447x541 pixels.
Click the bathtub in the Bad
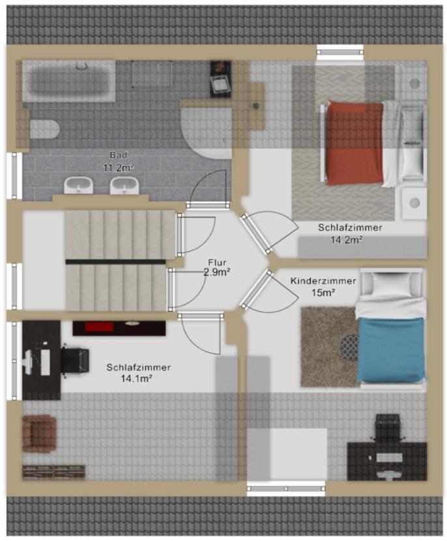coord(68,81)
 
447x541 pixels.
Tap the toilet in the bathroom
coord(44,129)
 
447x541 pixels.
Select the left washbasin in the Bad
coord(79,185)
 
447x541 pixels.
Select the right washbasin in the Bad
coord(124,185)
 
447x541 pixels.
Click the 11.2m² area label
coord(119,168)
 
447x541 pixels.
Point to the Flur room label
coord(217,263)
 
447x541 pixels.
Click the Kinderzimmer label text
coord(323,281)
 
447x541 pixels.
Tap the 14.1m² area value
coord(137,379)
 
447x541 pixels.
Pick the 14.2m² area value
coord(347,239)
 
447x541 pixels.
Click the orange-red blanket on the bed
coord(355,143)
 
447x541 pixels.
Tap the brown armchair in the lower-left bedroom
coord(39,433)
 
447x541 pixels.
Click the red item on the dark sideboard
coord(99,327)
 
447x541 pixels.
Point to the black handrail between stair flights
coord(115,262)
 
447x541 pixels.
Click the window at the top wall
coord(340,52)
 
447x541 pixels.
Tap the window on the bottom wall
coord(286,489)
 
